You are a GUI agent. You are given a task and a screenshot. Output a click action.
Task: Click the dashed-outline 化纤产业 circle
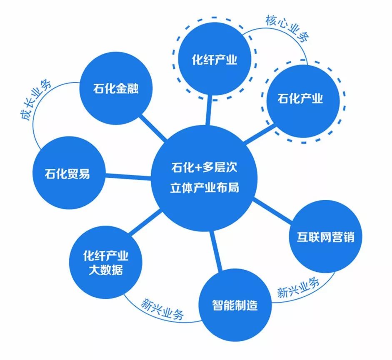tap(214, 60)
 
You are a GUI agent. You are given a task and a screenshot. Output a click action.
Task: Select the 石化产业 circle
tap(300, 99)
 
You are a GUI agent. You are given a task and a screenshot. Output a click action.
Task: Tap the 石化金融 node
tap(115, 89)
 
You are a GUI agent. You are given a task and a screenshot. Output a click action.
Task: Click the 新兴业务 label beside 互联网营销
tap(298, 288)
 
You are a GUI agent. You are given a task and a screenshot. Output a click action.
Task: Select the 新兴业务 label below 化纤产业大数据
tap(162, 308)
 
